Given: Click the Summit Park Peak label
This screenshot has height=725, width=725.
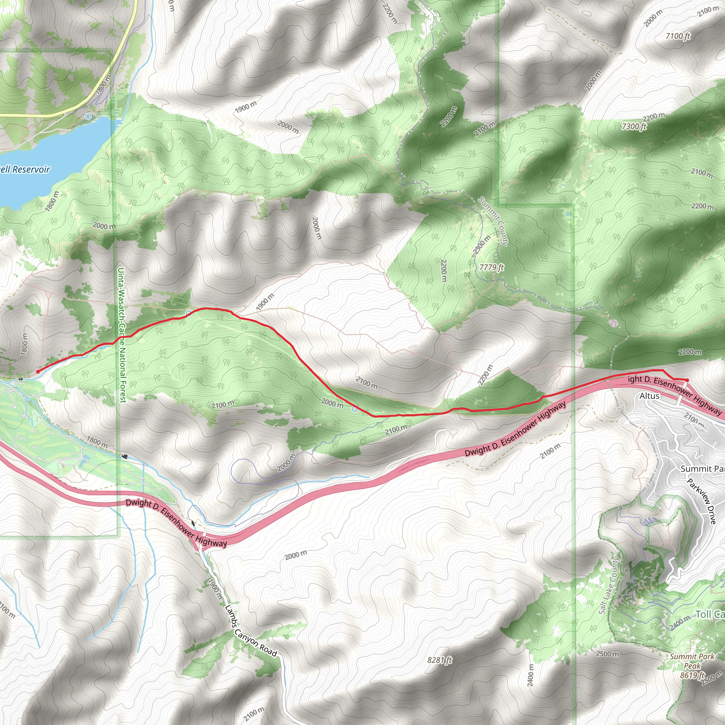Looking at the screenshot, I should pos(692,661).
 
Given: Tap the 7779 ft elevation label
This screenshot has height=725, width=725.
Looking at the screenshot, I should pos(492,267).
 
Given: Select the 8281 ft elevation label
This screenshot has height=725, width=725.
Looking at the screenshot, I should pos(440,660).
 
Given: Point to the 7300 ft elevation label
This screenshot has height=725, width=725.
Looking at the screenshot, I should pos(634,126).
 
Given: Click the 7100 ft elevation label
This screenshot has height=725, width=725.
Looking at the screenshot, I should pos(678,36).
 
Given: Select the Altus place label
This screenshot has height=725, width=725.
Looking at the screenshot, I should pos(649,396).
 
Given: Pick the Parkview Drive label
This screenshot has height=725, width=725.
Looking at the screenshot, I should pos(702,501).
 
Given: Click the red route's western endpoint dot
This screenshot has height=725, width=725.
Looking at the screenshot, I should pos(38,371).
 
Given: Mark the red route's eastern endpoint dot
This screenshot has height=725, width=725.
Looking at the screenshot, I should pos(687,380).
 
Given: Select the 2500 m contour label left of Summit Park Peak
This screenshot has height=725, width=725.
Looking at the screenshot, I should pos(607,654).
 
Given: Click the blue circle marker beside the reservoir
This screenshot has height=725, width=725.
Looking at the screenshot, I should pos(88,116).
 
